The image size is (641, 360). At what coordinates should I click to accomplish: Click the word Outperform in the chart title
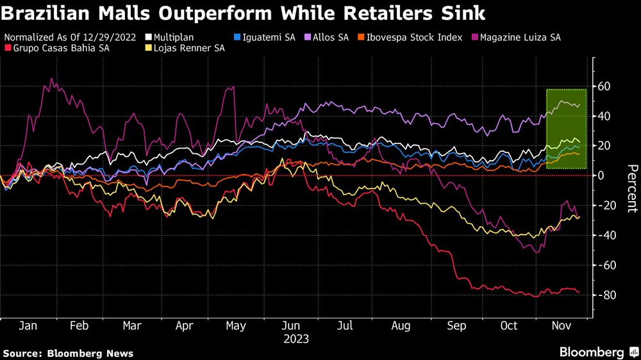click(x=208, y=12)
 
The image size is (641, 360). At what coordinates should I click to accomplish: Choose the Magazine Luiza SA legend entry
click(x=521, y=38)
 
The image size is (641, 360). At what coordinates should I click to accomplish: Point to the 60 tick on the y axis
click(x=604, y=86)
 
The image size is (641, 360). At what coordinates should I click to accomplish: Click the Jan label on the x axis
click(x=27, y=326)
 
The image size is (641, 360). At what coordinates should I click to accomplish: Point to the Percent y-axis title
click(x=631, y=188)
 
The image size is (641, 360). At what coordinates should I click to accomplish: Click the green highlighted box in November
click(x=567, y=128)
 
